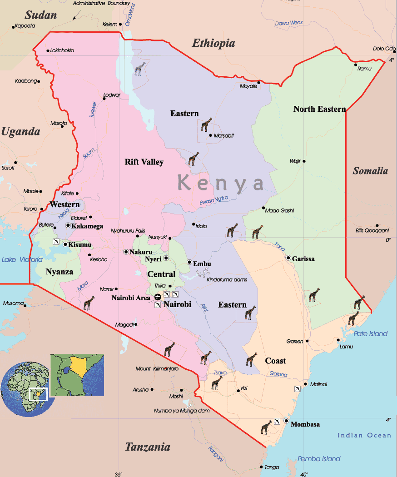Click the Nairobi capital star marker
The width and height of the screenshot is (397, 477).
click(x=158, y=297)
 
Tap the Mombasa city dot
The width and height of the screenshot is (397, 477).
click(x=286, y=421)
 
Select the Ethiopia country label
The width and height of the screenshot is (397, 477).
click(x=213, y=44)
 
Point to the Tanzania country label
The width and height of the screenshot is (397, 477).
click(x=148, y=447)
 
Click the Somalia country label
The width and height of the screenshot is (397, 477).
click(x=370, y=171)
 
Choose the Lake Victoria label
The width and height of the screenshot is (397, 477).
click(x=22, y=260)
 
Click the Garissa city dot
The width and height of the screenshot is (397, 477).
click(x=288, y=258)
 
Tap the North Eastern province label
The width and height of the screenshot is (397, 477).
click(x=319, y=109)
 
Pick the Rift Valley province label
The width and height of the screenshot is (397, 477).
click(x=144, y=162)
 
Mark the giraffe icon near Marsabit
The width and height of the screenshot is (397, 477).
click(x=207, y=124)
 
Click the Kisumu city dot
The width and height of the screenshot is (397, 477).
click(x=65, y=244)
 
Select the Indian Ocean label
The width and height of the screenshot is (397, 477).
click(x=364, y=435)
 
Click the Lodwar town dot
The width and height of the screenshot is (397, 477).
click(x=104, y=99)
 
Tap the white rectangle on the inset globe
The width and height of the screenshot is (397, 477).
click(x=38, y=394)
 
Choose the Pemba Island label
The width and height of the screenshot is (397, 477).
click(x=319, y=459)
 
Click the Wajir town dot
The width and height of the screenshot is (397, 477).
click(x=304, y=161)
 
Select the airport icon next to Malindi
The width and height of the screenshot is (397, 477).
click(x=297, y=389)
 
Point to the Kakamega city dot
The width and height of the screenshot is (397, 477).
click(x=68, y=225)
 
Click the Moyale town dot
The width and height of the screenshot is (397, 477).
click(x=258, y=82)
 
